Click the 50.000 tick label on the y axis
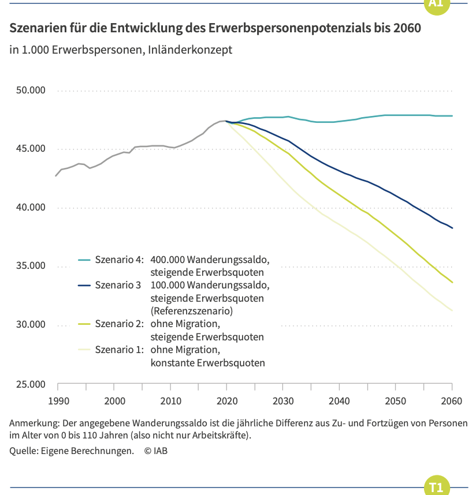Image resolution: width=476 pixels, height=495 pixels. [x=31, y=90]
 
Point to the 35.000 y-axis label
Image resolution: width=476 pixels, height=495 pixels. [x=31, y=266]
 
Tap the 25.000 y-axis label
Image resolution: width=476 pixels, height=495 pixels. [x=31, y=384]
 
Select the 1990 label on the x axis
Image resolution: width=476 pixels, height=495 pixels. [x=58, y=401]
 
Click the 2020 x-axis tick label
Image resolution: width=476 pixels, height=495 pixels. [x=227, y=401]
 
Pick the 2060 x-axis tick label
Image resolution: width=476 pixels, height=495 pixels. [x=451, y=401]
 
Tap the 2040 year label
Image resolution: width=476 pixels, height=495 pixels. [x=339, y=401]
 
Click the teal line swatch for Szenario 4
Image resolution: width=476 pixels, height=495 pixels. [x=84, y=260]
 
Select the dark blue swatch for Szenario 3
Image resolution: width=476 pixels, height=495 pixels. [x=84, y=286]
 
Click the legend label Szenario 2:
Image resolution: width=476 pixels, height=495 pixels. [x=120, y=324]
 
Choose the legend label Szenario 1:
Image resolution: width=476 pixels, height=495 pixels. [x=120, y=350]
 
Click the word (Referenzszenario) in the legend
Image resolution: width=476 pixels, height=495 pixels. [x=192, y=312]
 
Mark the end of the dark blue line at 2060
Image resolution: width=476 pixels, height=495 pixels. [x=452, y=228]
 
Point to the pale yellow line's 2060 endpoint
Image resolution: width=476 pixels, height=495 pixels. [x=452, y=310]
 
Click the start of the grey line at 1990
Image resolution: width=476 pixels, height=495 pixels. [x=56, y=176]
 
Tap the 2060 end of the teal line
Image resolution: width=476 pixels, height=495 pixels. [x=452, y=116]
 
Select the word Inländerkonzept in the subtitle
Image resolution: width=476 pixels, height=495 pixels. [x=190, y=50]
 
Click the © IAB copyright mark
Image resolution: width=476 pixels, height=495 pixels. [x=156, y=451]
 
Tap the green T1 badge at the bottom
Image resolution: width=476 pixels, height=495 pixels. [x=437, y=486]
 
